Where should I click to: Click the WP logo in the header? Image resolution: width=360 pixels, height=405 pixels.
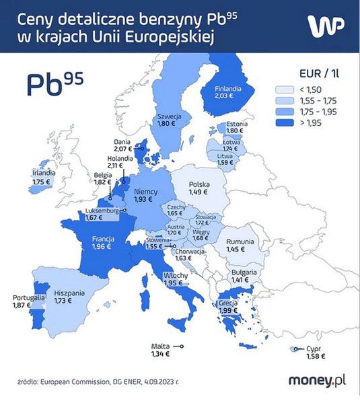326,25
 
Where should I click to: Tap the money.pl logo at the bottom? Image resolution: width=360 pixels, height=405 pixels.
317,381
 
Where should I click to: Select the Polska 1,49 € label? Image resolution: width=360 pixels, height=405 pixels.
199,187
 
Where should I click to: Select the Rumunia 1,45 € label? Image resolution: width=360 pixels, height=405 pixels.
240,245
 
